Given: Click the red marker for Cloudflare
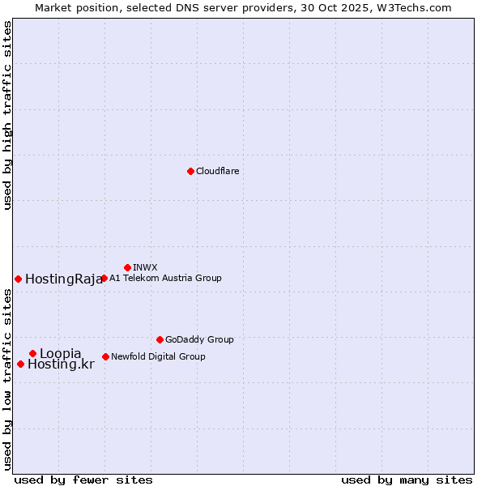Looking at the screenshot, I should point(190,171).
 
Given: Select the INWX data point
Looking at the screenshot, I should point(127,267).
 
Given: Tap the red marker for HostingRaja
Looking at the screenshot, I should point(18,279).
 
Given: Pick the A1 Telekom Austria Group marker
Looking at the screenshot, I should point(104,278).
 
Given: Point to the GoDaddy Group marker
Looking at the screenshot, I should point(160,339).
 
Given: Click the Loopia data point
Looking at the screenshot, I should point(32,353).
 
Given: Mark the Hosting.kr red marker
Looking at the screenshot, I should point(20,364).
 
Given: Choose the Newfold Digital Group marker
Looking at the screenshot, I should point(105,356).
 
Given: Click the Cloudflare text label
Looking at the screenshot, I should point(217,171).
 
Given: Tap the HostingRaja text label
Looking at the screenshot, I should point(64,279).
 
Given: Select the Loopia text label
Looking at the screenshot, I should point(61,354).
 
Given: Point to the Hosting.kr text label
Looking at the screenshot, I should point(61,364).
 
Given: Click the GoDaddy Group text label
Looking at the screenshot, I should point(199,340).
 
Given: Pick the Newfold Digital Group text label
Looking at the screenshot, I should point(158,356).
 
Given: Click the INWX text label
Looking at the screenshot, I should point(145,267).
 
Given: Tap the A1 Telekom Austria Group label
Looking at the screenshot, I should point(165,278).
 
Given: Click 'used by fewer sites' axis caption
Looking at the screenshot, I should point(83,480).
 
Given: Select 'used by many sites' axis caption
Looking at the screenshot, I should point(407,480).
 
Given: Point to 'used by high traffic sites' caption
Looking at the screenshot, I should point(8,115).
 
